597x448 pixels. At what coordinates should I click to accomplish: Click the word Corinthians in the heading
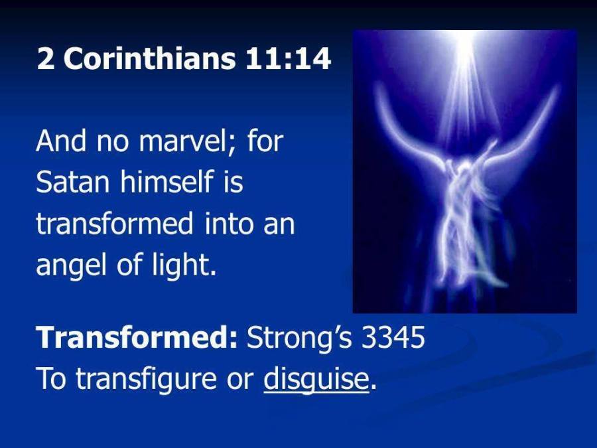[150, 58]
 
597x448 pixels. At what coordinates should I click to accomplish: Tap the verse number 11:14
[288, 58]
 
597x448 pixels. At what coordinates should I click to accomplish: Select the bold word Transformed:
[137, 337]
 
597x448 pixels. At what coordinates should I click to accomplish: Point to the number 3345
[393, 338]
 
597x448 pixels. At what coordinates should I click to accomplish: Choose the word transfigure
[146, 380]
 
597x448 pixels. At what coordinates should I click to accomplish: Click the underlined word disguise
[316, 380]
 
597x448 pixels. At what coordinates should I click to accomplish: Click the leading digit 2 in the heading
[44, 59]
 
